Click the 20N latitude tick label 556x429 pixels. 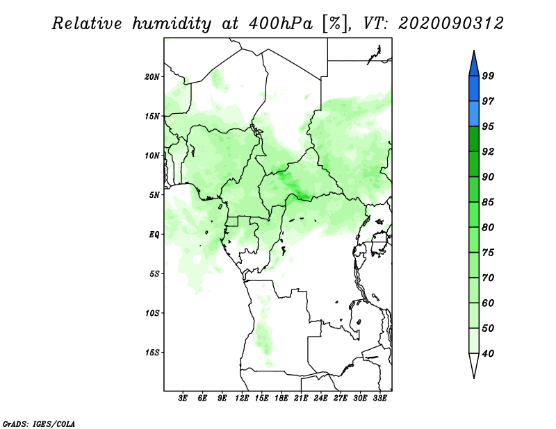coord(152,77)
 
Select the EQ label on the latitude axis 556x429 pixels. coord(154,235)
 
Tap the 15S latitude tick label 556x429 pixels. coord(152,353)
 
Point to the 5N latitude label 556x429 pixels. coord(154,195)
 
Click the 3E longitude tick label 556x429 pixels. coord(183,398)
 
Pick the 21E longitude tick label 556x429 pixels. coord(301,398)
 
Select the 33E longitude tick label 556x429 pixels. coord(379,398)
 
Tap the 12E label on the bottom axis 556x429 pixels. coord(242,398)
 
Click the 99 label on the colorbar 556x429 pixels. coord(488,76)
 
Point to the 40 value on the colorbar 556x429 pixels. coord(488,353)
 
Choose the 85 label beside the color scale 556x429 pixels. coord(488,202)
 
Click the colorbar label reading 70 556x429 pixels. coord(488,278)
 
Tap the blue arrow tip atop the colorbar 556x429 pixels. coord(474,51)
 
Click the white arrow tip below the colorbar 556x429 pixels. coord(474,378)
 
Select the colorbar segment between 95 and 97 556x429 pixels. coord(474,114)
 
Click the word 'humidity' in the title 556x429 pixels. coord(172,24)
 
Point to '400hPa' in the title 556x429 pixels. coord(281,24)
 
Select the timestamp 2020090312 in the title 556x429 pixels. coord(450,24)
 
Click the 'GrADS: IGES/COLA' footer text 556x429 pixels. coord(39,423)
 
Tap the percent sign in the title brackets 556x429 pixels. coord(336,24)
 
